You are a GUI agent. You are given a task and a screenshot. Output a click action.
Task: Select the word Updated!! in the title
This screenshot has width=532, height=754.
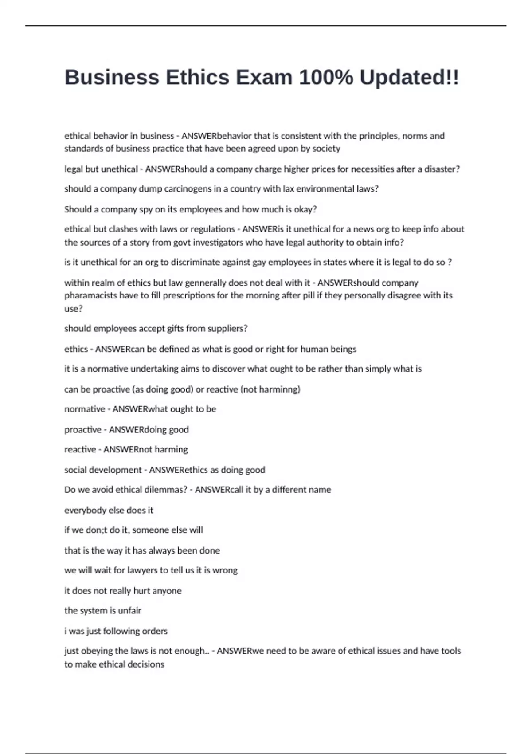pos(409,78)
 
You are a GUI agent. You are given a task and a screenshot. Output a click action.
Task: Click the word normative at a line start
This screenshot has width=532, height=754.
pos(85,409)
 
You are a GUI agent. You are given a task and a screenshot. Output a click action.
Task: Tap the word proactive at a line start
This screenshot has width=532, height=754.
pos(83,429)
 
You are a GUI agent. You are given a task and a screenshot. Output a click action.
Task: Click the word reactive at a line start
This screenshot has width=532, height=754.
pos(80,449)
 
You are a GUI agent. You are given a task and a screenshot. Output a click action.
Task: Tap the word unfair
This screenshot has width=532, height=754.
pos(129,611)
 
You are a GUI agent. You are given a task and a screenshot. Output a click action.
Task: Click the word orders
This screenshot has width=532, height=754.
pos(154,631)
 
